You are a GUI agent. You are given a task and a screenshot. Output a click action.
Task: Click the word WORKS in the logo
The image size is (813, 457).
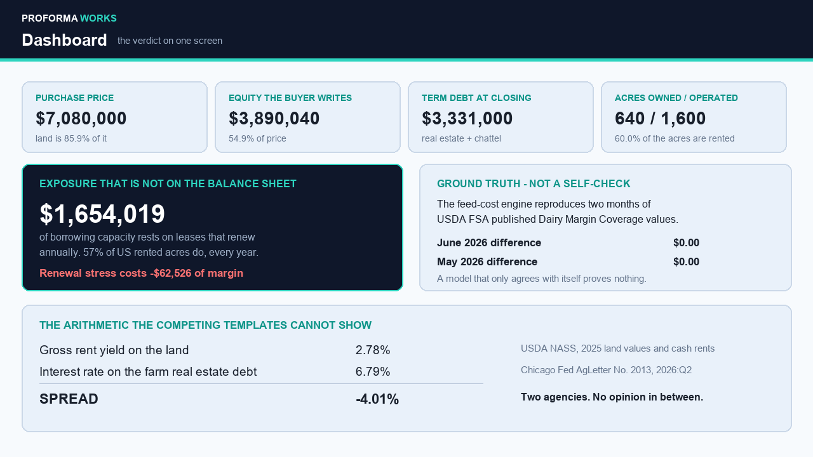coord(98,18)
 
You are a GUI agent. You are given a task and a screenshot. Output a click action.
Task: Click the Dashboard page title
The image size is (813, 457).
coord(64,40)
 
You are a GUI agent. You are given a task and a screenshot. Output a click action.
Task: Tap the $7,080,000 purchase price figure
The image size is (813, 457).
coord(81,119)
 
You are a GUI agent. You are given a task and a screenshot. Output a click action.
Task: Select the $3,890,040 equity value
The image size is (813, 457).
coord(274,119)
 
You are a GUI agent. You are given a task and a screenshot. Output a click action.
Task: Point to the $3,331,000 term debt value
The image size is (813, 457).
coord(467,119)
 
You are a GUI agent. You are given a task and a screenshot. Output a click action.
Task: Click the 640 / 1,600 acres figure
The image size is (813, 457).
coord(660,119)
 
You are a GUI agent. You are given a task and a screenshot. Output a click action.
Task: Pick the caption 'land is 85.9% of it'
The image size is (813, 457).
coord(71,138)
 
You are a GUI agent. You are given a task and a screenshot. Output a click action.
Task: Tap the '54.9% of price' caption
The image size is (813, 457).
coord(257,138)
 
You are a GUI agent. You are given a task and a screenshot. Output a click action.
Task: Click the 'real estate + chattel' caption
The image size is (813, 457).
coord(461,138)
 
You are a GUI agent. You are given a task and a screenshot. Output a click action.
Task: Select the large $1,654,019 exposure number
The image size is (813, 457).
coord(102,214)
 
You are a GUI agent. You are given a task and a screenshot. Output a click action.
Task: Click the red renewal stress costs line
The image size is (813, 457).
coord(141,273)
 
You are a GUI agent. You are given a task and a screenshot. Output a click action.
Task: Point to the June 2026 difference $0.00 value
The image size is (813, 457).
coord(686,242)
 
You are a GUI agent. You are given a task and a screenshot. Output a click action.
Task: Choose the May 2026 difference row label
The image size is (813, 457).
coord(487,262)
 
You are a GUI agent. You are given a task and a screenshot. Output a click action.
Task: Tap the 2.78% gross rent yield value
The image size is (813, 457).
coord(373,350)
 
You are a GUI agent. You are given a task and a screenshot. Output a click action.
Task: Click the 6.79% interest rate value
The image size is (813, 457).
coord(373,372)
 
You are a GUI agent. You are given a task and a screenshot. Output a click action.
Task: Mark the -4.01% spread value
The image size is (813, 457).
coord(377,399)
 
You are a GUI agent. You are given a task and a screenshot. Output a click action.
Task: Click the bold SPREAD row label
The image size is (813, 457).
coord(69,399)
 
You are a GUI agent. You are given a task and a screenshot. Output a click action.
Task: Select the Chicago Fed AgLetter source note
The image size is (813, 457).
coord(606,370)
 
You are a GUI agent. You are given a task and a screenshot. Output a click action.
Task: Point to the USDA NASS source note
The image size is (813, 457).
coord(618,348)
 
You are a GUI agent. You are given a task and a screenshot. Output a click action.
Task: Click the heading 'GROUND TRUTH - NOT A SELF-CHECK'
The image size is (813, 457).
coord(534,184)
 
